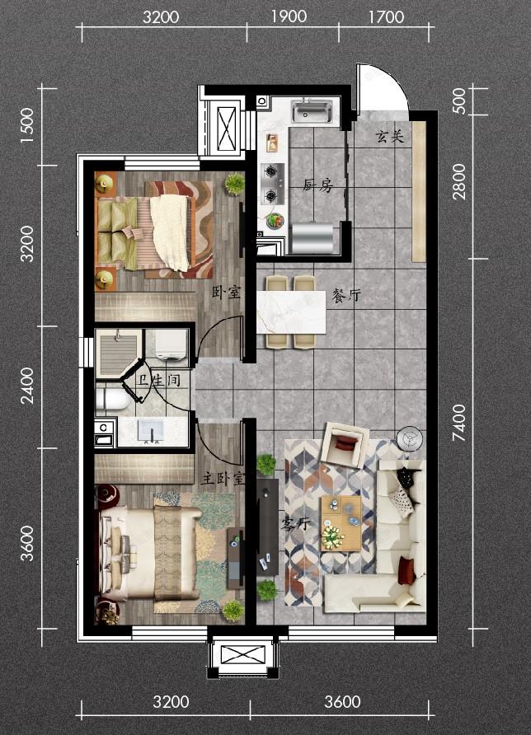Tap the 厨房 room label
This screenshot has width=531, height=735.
pos(318,185)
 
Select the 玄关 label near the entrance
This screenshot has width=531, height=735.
pos(389,137)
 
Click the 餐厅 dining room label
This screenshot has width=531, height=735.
pos(346,295)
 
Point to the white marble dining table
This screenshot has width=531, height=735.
pos(291,312)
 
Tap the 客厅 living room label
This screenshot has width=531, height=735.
pos(295,523)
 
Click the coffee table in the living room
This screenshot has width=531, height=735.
pos(341,523)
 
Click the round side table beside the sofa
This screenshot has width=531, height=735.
pos(410,439)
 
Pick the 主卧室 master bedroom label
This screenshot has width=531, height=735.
pos(223,478)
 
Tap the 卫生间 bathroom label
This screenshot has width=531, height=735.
pos(158,380)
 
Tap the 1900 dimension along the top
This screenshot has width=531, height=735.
pos(289,16)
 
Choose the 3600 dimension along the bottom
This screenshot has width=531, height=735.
pos(342,702)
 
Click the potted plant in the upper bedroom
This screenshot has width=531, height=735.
pos(234,184)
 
